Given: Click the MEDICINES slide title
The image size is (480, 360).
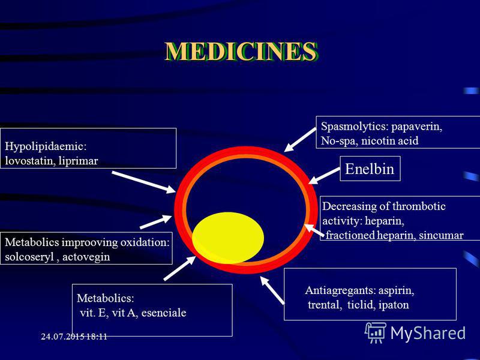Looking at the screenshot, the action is point(241,52).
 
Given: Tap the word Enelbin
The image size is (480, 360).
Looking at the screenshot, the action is point(370,169).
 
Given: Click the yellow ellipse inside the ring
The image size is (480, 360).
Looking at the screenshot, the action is point(228,238).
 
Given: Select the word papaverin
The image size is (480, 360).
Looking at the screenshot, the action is point(416,127).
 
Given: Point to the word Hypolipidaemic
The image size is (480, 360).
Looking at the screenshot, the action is point(46,146).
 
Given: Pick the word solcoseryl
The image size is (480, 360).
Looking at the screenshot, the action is point(29,257).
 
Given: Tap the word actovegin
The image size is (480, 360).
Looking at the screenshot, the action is point(86,257).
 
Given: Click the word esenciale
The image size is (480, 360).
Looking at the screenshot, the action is point(164,313).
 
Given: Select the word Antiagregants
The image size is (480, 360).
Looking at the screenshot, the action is point(340,290).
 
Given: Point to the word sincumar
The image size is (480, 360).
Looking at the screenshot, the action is point(441,235).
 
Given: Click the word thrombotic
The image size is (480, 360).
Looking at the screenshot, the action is point(419,206).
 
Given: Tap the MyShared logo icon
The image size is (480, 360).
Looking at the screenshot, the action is point(376,332).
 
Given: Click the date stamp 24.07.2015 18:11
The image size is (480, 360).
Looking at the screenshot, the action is point(74,337).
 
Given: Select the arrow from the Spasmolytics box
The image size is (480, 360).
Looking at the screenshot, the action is point(300,140).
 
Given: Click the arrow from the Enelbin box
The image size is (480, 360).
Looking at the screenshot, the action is point(324,175).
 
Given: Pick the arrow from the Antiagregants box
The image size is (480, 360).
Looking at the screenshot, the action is point(272,290).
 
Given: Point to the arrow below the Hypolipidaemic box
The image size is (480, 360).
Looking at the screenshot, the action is point(143,182).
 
